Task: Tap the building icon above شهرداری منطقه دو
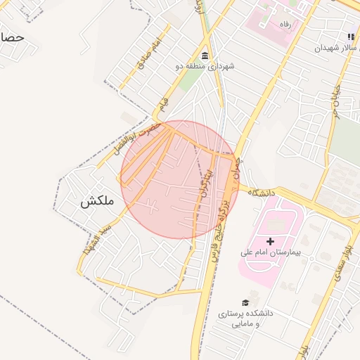click(x=205, y=56)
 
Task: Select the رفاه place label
click(x=285, y=25)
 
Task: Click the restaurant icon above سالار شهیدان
click(x=350, y=37)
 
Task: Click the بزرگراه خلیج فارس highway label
click(x=221, y=222)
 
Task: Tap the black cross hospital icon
click(x=271, y=241)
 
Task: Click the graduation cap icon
click(x=245, y=302)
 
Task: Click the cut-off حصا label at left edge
click(x=12, y=37)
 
